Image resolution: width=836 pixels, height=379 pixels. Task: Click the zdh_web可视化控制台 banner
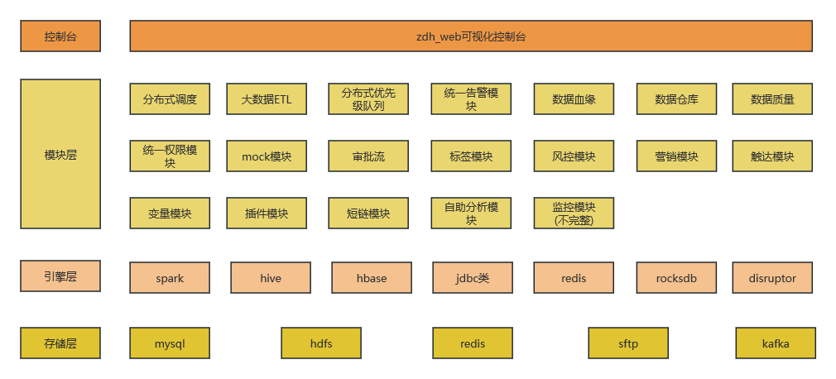coord(471,36)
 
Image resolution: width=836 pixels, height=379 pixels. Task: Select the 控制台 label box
coord(60,36)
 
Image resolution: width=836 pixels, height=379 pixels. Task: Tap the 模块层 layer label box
coord(60,154)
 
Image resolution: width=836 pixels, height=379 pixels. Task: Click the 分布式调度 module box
coord(170,99)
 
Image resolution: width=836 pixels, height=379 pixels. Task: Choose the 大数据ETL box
coord(267,99)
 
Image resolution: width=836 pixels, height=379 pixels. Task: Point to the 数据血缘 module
coord(574,99)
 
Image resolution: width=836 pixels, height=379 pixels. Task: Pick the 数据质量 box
coord(772,99)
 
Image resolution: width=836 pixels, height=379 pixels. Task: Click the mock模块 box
coord(267,156)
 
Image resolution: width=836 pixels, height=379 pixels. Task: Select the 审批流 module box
coord(368,156)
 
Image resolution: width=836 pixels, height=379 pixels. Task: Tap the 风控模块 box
coord(574,156)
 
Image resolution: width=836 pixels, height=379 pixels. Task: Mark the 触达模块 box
coord(772,156)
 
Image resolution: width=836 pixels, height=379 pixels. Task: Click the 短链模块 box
coord(368,213)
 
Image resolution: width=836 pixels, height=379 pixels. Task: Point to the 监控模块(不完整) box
coord(574,213)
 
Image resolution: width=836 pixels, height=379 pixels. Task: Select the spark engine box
coord(170,278)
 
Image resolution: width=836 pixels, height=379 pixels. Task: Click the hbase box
coord(372,278)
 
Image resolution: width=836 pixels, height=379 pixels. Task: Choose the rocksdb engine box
coord(676,278)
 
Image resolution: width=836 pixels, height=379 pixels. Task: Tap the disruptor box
coord(772,278)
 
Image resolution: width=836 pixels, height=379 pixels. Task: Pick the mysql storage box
coord(170,343)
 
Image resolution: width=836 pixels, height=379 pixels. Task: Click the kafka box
coord(776,343)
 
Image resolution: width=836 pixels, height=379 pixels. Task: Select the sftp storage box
coord(628,343)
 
